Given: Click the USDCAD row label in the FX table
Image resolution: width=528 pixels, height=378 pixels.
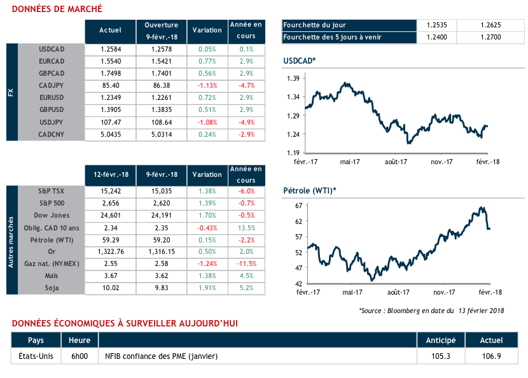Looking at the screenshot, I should pos(52,50).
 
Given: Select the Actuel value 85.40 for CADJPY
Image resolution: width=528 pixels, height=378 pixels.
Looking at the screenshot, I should pos(111,85).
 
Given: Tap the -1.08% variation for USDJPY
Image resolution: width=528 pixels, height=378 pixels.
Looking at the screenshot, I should pos(207,122).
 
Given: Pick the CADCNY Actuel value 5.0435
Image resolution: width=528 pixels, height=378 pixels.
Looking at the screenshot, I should pos(111,134).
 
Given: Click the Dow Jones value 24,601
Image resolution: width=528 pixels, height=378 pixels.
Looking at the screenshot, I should pos(111,216).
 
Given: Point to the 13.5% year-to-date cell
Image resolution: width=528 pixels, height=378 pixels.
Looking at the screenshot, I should pos(246,228).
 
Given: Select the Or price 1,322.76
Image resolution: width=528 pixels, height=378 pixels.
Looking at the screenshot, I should pos(111,252).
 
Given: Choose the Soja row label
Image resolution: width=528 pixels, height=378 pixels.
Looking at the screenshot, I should pos(52,288).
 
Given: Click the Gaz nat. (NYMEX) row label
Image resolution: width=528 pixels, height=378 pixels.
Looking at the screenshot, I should pos(52,264).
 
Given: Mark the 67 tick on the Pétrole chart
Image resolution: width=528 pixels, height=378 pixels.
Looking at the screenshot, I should pos(297,206).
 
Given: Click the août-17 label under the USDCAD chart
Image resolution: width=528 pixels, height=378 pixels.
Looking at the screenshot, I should pos(396,162).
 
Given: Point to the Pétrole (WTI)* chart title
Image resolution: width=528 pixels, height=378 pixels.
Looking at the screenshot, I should pos(309,191).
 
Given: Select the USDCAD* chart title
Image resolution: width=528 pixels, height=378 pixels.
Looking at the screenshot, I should pos(300,61).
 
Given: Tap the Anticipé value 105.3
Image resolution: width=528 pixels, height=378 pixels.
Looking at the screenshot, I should pos(440,356).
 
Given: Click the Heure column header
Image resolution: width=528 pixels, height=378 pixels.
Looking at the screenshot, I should pos(80,340).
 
